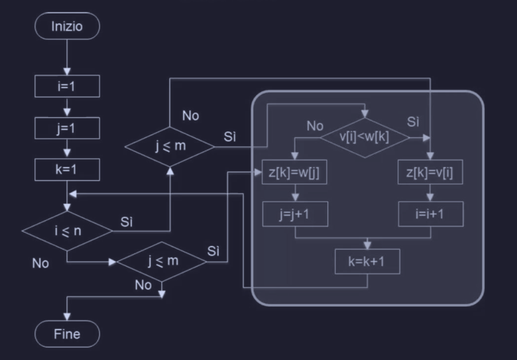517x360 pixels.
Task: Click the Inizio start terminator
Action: point(67,26)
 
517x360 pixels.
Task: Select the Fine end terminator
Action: point(67,334)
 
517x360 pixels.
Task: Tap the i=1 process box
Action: point(67,86)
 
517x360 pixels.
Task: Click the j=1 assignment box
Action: point(67,128)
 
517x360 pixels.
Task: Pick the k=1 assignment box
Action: point(67,169)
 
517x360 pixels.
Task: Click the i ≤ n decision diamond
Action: point(67,231)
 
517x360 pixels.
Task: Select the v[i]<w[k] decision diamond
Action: point(365,137)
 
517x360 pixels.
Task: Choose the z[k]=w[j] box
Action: point(295,172)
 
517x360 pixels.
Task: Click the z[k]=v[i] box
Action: point(431,172)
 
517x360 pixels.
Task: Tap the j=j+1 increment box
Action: point(295,214)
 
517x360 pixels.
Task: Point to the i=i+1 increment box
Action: point(431,214)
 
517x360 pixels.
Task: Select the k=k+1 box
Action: point(367,261)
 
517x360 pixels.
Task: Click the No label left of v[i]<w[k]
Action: point(315,126)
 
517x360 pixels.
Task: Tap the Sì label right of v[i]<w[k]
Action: point(413,122)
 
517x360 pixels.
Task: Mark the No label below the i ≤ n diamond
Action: point(40,263)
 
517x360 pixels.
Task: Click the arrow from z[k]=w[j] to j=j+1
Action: point(295,193)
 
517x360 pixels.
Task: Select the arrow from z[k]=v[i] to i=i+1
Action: point(431,193)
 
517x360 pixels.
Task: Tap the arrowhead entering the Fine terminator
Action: point(67,317)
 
